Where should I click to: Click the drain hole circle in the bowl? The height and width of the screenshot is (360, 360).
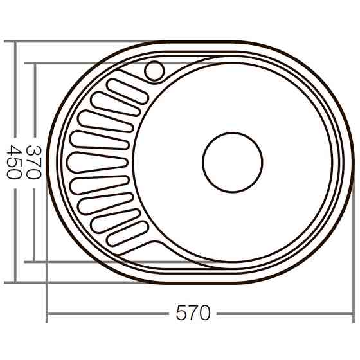(x=233, y=162)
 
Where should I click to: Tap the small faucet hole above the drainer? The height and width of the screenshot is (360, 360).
(x=154, y=71)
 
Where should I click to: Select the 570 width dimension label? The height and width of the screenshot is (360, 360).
(x=193, y=314)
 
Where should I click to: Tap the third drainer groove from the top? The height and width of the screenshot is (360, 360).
(x=105, y=122)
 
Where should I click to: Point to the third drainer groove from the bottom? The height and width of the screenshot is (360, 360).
(x=105, y=204)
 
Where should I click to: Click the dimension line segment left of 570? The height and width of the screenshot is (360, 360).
(x=109, y=314)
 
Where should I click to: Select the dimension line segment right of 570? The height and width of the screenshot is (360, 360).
(x=283, y=314)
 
